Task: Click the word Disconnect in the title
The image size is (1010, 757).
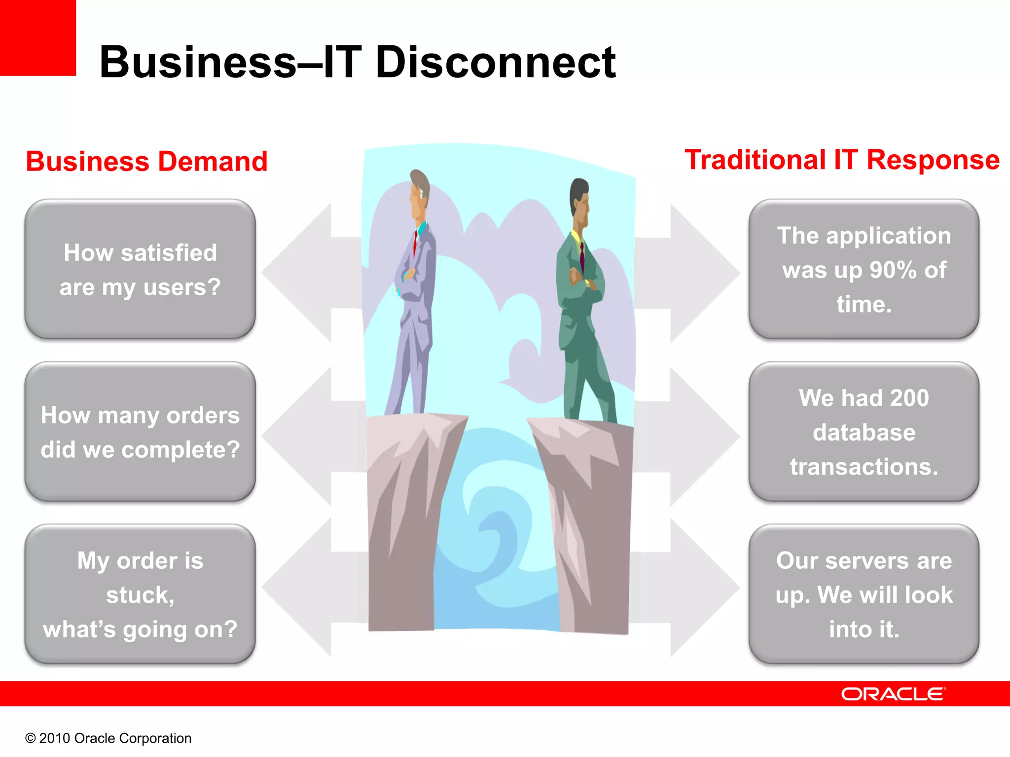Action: click(x=495, y=63)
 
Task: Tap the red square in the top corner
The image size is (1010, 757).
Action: click(x=37, y=37)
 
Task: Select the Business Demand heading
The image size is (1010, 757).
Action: click(x=146, y=162)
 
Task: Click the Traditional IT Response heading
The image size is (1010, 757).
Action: click(x=842, y=160)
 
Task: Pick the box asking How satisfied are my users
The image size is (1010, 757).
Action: click(x=140, y=270)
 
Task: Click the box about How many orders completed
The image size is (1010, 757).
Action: click(x=140, y=432)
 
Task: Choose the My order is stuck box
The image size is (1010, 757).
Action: click(x=140, y=594)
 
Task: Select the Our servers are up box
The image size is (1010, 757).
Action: click(x=864, y=594)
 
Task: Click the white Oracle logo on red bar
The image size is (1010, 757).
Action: click(x=893, y=694)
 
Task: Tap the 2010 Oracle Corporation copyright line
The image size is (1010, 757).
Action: click(x=108, y=738)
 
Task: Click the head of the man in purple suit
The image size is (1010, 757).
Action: click(x=419, y=190)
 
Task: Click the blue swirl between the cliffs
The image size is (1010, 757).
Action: click(x=493, y=532)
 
